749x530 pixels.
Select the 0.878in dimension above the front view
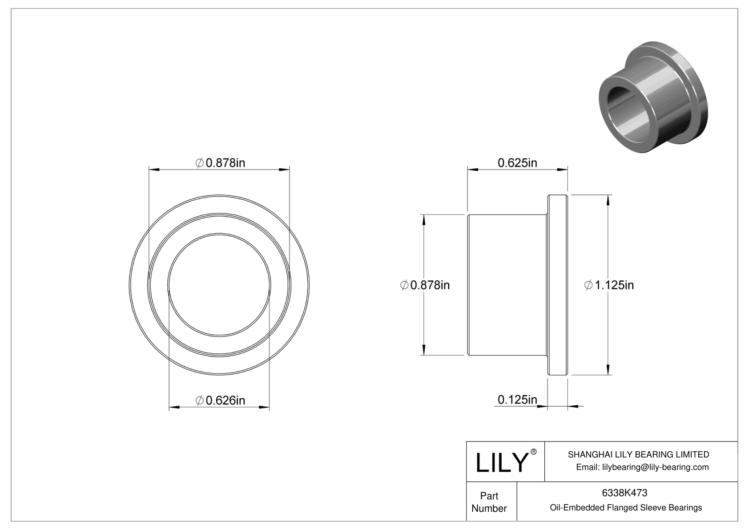[x=221, y=163]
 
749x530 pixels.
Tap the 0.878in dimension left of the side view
[x=425, y=285]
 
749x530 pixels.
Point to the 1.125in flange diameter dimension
[x=609, y=285]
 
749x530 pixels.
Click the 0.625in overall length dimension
[x=517, y=163]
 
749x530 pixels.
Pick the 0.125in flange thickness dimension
[x=517, y=400]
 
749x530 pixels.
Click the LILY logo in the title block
[x=501, y=462]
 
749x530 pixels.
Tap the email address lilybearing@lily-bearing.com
[x=642, y=467]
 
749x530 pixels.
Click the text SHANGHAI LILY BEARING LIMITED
[x=638, y=454]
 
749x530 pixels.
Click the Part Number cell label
[x=489, y=502]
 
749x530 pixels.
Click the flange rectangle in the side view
[x=557, y=285]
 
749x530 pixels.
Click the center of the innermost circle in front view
[x=219, y=285]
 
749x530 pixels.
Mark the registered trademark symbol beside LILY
[x=534, y=452]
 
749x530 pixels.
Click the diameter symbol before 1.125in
[x=588, y=285]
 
